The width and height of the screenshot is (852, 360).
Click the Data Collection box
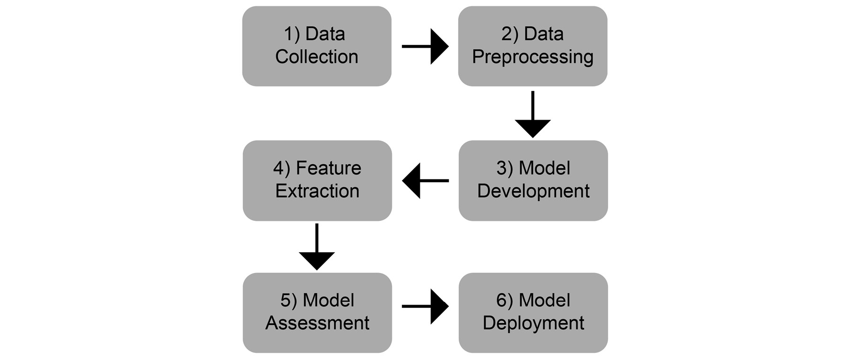317,46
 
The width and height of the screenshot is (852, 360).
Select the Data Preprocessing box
532,46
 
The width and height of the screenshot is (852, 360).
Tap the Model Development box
533,180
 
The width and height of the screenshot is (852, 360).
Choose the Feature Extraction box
317,180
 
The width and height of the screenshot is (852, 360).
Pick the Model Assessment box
317,312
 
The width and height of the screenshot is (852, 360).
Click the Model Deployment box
533,312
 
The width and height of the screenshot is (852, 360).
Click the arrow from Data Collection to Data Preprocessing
425,46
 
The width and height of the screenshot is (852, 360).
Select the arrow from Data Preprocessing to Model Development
532,114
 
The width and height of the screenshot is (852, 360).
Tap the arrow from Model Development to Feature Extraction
425,181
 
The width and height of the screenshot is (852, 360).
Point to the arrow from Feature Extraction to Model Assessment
317,247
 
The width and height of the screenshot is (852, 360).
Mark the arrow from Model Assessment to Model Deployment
425,307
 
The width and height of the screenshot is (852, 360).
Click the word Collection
317,57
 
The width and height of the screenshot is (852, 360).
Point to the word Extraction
317,191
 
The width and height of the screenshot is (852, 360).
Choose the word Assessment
317,323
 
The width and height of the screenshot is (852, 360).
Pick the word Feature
328,168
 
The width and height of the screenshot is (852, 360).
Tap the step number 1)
292,35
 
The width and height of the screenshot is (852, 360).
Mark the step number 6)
505,301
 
